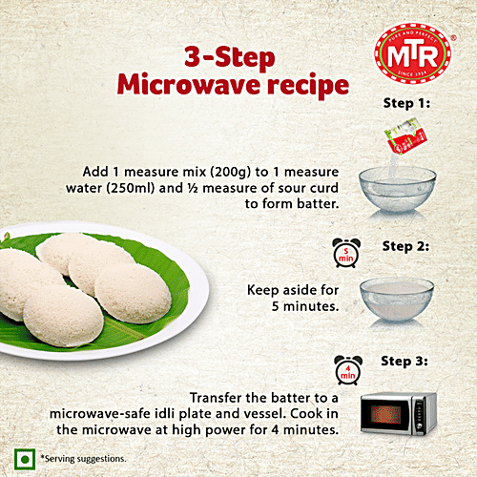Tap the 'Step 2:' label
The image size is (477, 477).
[405, 246]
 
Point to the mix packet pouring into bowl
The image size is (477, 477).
[402, 144]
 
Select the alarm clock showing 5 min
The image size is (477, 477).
[346, 255]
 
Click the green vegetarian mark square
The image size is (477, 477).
[16, 458]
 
